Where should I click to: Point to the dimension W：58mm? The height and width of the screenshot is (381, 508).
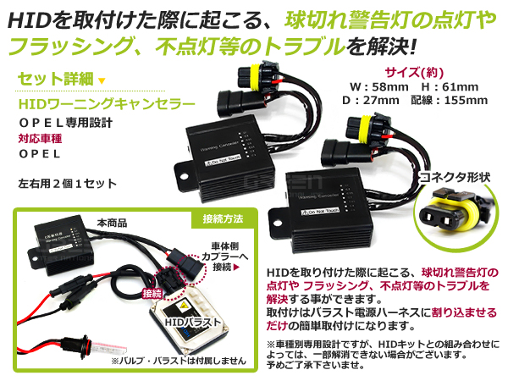[372, 86]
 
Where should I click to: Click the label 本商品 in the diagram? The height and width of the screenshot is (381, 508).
[112, 223]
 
